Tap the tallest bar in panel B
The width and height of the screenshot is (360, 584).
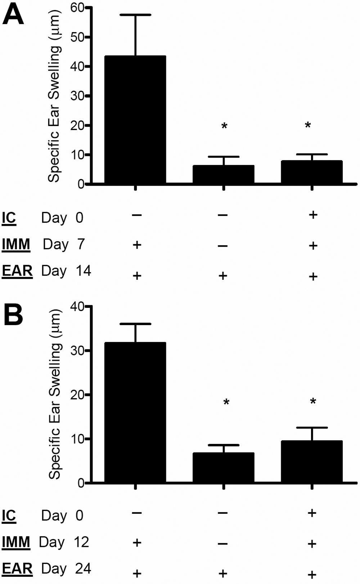(x=135, y=412)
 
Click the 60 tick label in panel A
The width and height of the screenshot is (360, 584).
(x=78, y=8)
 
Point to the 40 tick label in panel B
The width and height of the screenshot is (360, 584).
(x=78, y=307)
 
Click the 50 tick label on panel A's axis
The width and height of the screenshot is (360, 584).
(x=78, y=37)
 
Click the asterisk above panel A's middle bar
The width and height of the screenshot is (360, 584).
(x=224, y=126)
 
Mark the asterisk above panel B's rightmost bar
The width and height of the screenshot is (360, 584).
(x=313, y=402)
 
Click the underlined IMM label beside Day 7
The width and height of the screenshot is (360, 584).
(x=16, y=244)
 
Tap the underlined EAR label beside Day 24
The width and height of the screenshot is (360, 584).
(x=17, y=569)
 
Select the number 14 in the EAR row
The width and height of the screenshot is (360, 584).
(x=84, y=270)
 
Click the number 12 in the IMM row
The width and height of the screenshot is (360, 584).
(x=81, y=542)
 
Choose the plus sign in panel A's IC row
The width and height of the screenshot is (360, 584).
(x=313, y=215)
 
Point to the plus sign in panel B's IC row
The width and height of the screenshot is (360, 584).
(x=312, y=513)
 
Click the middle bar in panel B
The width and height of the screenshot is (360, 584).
(x=224, y=468)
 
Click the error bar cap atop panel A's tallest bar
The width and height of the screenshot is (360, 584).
(x=135, y=15)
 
